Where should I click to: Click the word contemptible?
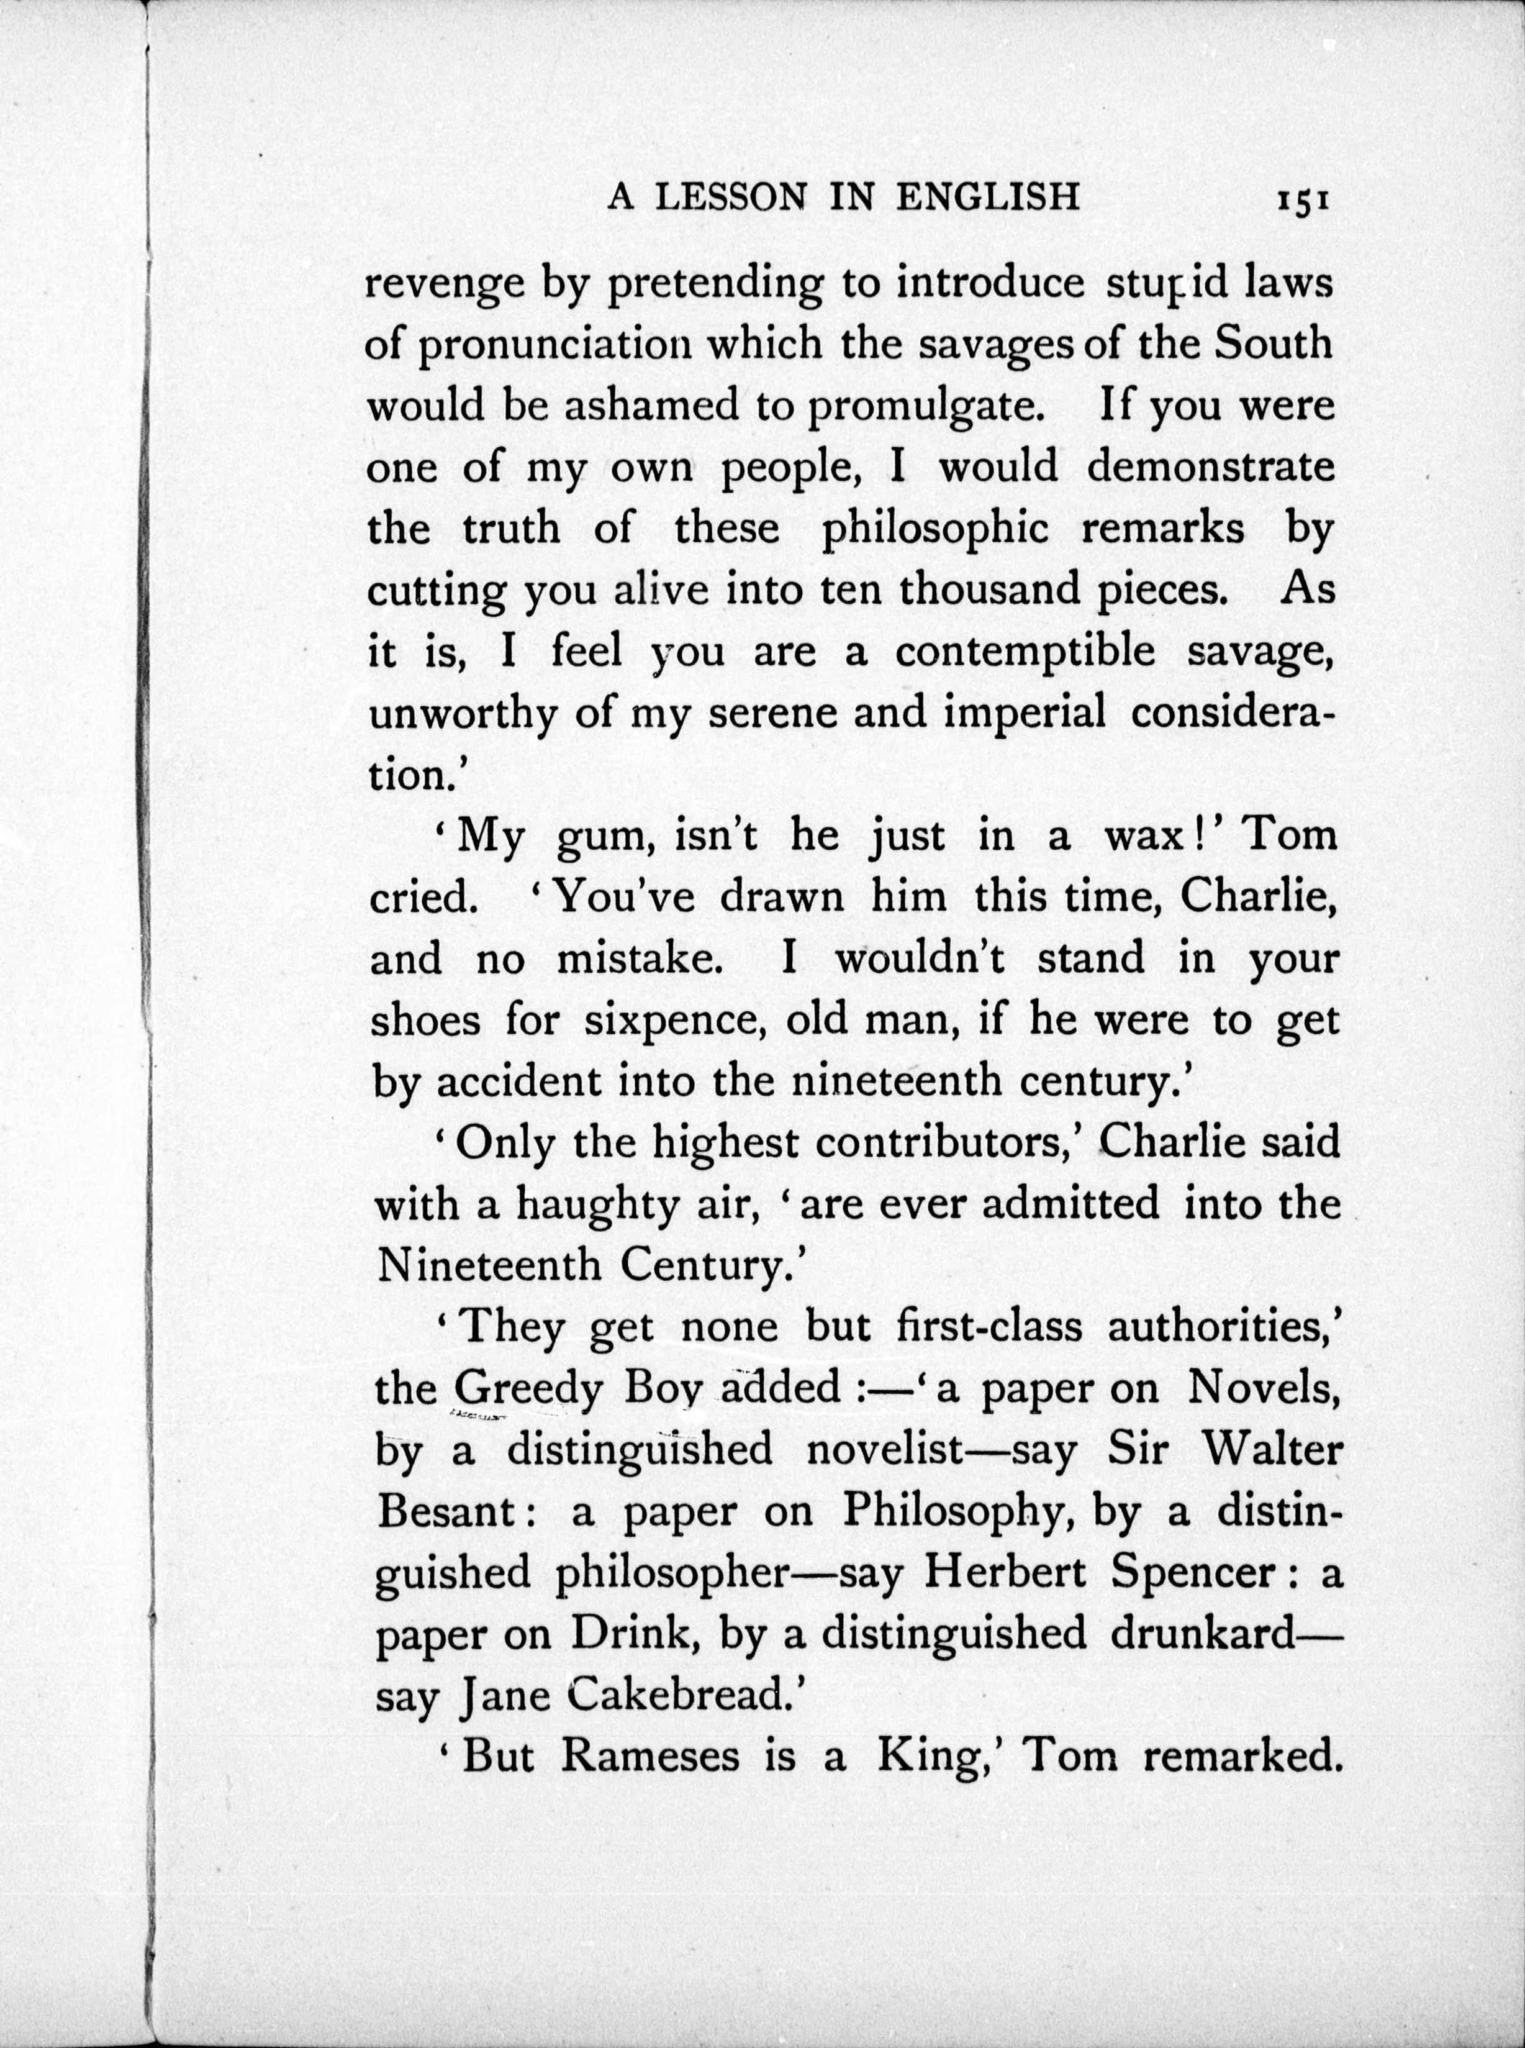(1025, 652)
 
